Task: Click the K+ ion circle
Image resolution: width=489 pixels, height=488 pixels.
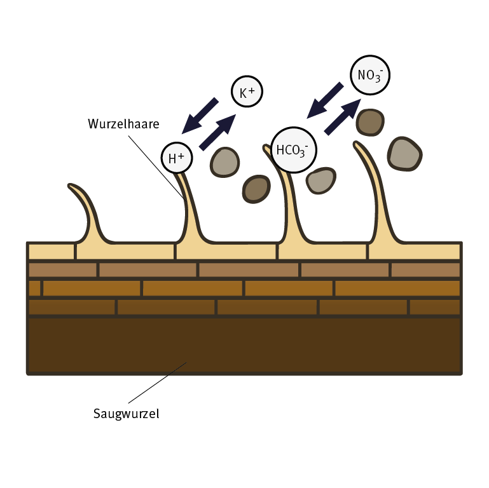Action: tap(246, 93)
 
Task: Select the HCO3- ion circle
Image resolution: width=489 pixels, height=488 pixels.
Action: tap(293, 151)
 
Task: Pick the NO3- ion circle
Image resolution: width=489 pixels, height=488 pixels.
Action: tap(369, 76)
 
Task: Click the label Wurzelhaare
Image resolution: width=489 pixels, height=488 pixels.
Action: tap(123, 123)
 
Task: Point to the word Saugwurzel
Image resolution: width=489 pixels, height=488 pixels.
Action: tap(126, 414)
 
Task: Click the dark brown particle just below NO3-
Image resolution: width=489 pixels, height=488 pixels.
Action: tap(369, 122)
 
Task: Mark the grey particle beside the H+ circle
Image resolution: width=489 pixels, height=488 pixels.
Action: tap(225, 162)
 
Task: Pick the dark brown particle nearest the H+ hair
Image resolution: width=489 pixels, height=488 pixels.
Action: tap(256, 189)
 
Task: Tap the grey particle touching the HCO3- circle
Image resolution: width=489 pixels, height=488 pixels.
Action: tap(321, 181)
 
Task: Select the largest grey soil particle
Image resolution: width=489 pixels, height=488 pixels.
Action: tap(405, 153)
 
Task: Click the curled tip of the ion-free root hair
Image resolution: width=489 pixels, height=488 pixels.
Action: tap(73, 188)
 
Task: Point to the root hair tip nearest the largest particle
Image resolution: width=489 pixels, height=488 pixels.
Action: tap(357, 146)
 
